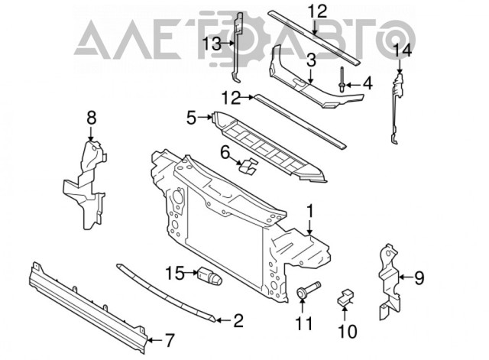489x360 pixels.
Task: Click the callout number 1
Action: (309, 212)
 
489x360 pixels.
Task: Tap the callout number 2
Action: (238, 321)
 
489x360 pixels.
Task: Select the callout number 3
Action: (311, 61)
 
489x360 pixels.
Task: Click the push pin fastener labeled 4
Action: (342, 79)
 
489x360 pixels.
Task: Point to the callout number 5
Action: (192, 118)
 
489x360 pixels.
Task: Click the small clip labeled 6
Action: (248, 166)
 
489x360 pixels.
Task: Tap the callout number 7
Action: (169, 340)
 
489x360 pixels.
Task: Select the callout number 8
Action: (91, 118)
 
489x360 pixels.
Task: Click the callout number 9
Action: (419, 277)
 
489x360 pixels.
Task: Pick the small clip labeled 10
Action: (345, 297)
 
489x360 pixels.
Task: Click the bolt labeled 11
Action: (308, 289)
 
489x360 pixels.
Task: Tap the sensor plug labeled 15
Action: (209, 277)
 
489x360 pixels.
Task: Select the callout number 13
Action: (212, 44)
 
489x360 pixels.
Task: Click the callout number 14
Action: (403, 50)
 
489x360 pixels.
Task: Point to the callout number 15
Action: (175, 274)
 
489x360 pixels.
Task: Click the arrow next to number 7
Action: (154, 340)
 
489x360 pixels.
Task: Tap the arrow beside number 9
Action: (406, 277)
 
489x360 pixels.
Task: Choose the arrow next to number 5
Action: (206, 117)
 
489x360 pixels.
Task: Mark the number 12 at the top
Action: (318, 11)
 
